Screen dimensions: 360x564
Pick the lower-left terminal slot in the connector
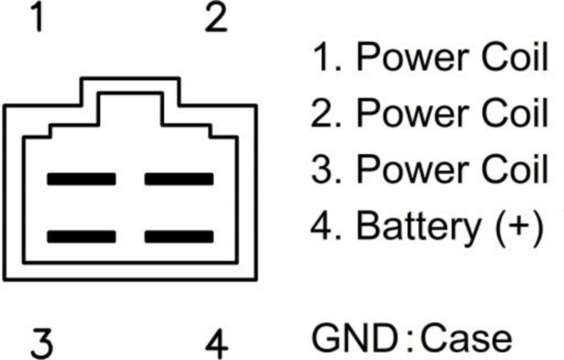[x=81, y=236]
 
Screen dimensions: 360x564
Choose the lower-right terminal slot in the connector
[x=179, y=236]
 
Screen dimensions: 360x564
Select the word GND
[x=355, y=337]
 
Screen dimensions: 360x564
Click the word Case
[x=466, y=337]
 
